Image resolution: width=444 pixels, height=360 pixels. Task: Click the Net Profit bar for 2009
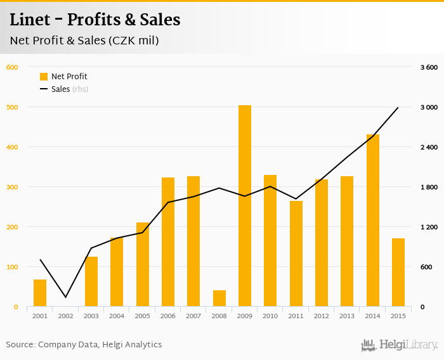[x=245, y=206]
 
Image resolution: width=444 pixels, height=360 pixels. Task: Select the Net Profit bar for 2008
[x=219, y=299]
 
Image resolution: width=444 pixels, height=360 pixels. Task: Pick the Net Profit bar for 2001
[x=40, y=293]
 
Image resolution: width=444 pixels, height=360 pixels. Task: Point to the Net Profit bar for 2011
[x=296, y=254]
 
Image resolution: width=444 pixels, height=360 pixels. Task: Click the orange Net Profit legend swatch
[x=44, y=77]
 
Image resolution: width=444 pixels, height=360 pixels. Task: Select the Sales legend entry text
[x=61, y=89]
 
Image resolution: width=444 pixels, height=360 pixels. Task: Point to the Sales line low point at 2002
[x=66, y=297]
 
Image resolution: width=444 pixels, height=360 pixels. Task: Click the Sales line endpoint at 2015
[x=398, y=108]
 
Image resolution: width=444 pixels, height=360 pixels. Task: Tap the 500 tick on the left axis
[x=12, y=107]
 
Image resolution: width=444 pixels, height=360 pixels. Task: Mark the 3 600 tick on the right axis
[x=429, y=67]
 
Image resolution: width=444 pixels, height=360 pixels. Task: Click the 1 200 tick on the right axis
[x=429, y=227]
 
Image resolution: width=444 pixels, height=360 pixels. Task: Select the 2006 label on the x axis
[x=168, y=316]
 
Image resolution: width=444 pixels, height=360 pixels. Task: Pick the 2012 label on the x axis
[x=322, y=316]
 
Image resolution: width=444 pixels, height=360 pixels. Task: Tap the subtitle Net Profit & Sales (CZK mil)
[x=84, y=41]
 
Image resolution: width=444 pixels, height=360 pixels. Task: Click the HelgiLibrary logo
[x=400, y=345]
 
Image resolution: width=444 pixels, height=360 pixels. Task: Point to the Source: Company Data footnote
[x=84, y=345]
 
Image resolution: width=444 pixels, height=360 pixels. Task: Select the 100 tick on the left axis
[x=12, y=267]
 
